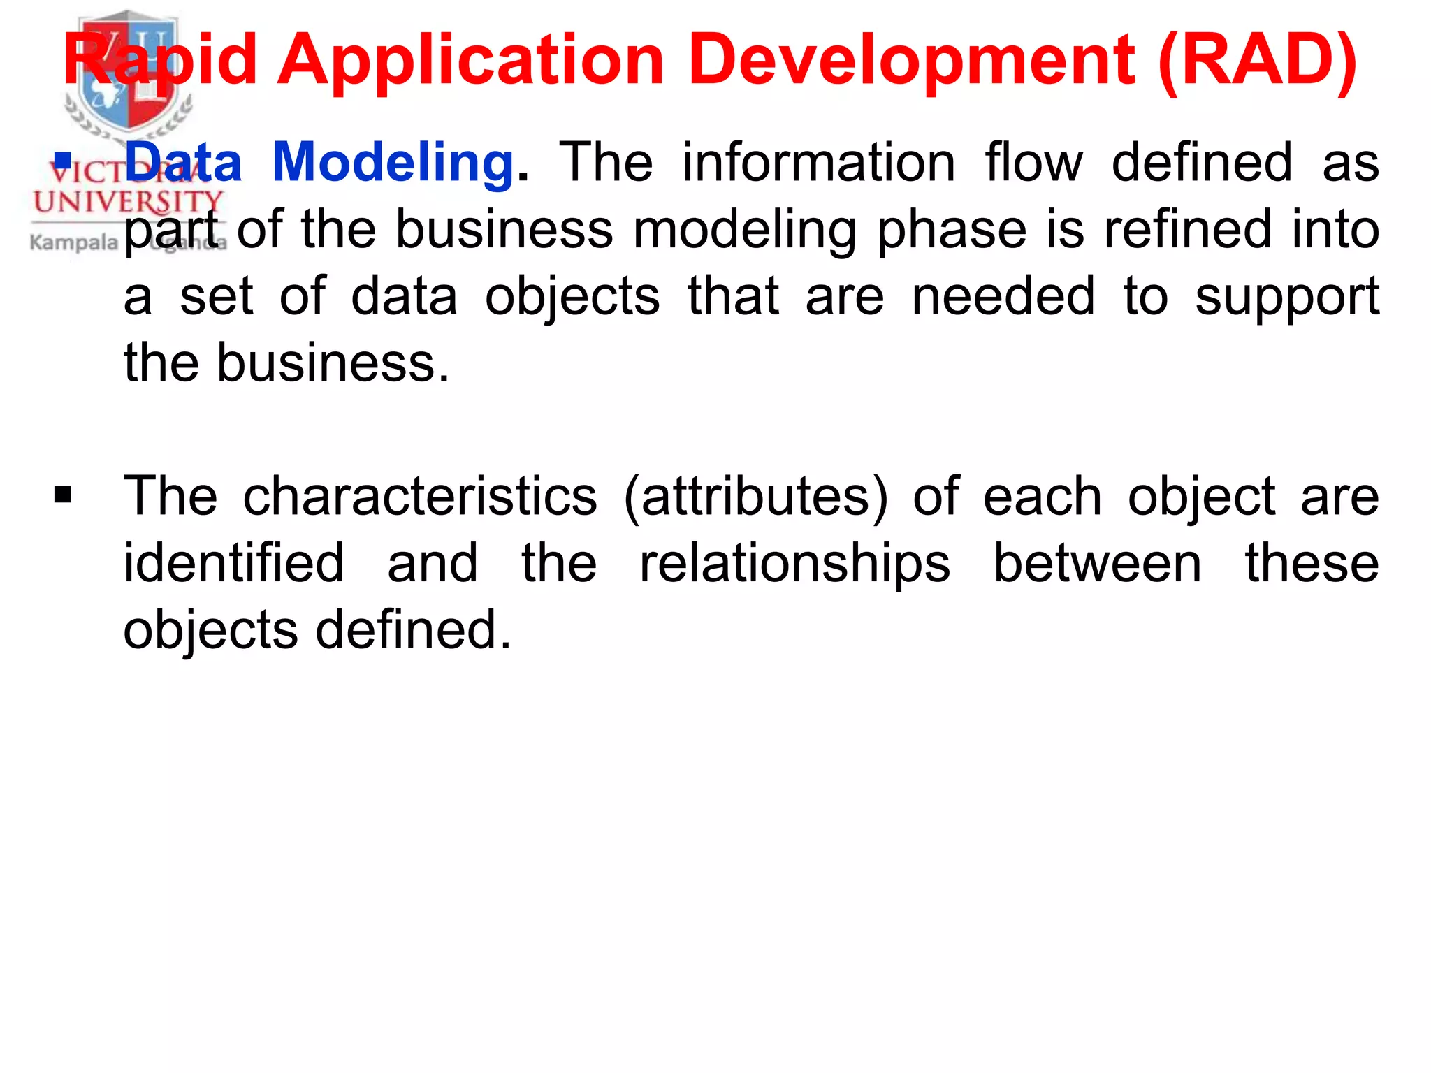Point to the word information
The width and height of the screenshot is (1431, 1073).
tap(818, 162)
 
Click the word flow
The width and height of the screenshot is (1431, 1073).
tap(1033, 162)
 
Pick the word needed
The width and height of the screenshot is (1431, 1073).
tap(1003, 296)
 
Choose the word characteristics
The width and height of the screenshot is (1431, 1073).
tap(420, 496)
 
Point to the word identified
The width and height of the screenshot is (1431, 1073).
tap(233, 563)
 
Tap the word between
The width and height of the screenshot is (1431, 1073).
tap(1097, 563)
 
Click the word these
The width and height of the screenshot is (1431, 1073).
tap(1312, 563)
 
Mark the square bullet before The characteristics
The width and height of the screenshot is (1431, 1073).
tap(63, 495)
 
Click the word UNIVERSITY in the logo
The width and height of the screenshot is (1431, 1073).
tap(127, 203)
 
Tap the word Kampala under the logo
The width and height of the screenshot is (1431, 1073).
tap(73, 242)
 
